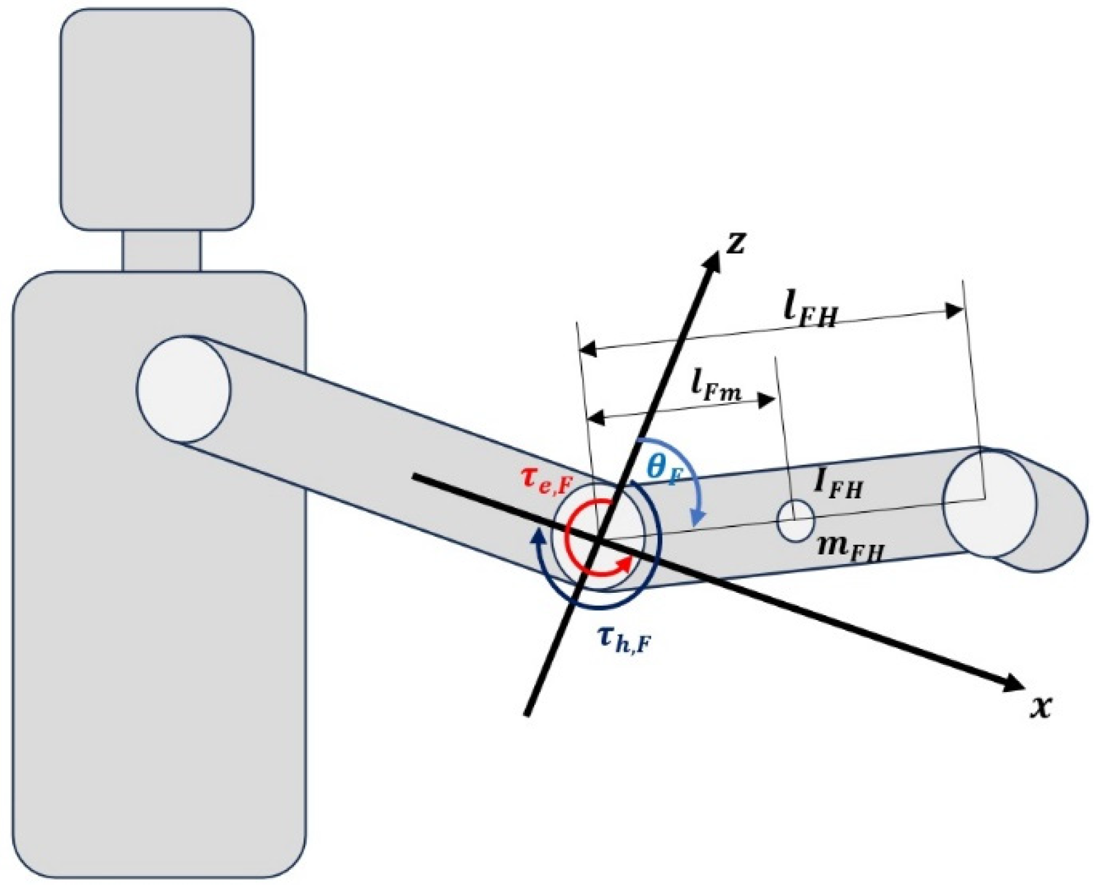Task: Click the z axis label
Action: (736, 242)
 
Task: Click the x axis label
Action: (1041, 706)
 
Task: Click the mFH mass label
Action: (850, 549)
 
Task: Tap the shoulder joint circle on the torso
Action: (184, 389)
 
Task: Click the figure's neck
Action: (162, 251)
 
